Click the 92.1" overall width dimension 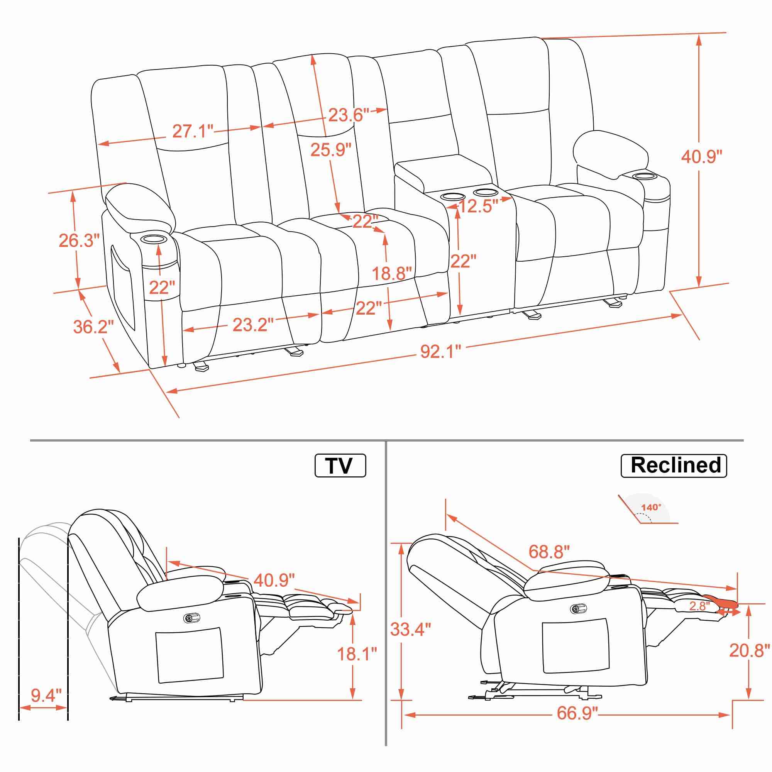tap(440, 352)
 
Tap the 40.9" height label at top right tap(702, 156)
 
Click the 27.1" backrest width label tap(193, 131)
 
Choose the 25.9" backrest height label tap(330, 150)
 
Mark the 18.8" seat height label tap(391, 274)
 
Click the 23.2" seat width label tap(253, 325)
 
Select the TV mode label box tap(340, 466)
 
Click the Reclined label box tap(673, 466)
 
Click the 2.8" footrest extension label tap(699, 606)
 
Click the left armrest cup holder tap(154, 239)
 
